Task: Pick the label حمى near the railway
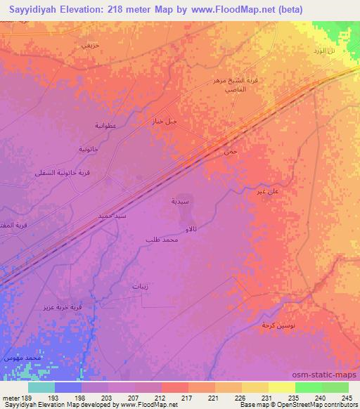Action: (226, 152)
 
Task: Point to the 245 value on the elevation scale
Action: (346, 397)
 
